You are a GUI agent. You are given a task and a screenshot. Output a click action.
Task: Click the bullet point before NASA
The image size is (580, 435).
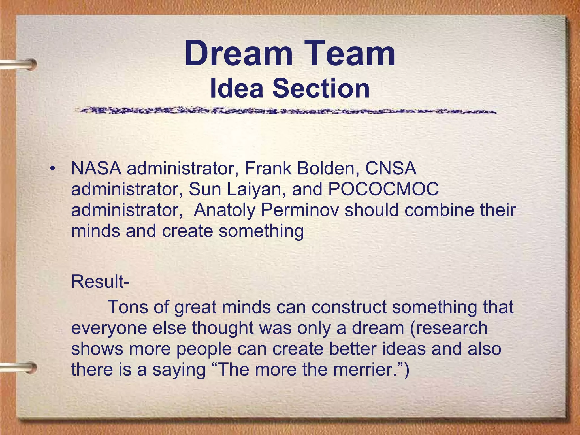(52, 169)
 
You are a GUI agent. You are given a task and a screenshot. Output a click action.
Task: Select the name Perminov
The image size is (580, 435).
(300, 210)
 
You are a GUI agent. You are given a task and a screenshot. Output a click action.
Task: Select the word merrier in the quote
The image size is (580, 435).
(366, 370)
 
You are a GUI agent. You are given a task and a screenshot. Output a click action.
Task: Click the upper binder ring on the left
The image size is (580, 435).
(20, 64)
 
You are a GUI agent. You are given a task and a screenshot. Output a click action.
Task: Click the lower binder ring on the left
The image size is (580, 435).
(20, 367)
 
